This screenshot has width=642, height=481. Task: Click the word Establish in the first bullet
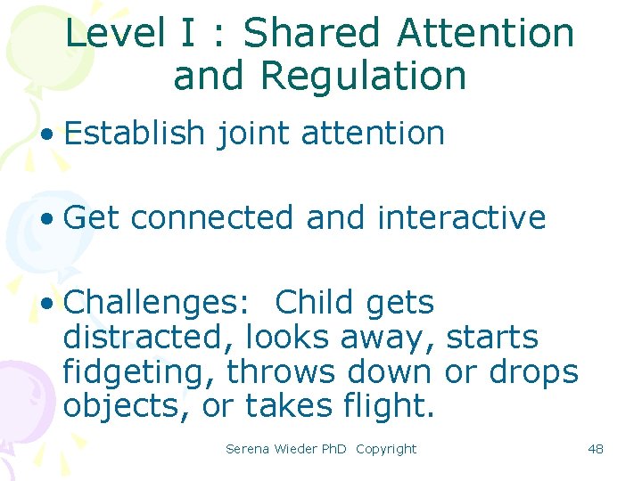coord(135,134)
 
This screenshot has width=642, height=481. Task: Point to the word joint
coord(252,134)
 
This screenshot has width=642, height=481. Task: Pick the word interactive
coord(461,217)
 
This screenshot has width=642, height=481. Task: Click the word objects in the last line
coord(126,407)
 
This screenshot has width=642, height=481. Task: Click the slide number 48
coord(596,449)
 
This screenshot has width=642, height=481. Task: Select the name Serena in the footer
coord(248,449)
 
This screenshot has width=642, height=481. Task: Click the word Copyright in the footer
coord(386,449)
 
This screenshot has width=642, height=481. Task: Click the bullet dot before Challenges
coord(46,305)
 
